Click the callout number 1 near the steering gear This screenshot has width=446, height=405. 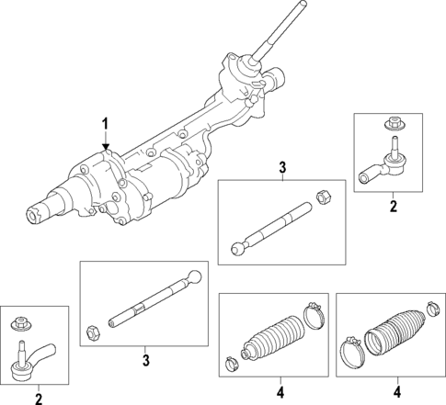(105, 124)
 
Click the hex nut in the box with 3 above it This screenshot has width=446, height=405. (324, 195)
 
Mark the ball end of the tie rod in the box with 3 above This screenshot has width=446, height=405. (236, 247)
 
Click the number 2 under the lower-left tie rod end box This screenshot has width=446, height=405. (39, 399)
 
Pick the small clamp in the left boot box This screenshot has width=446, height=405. (230, 359)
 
